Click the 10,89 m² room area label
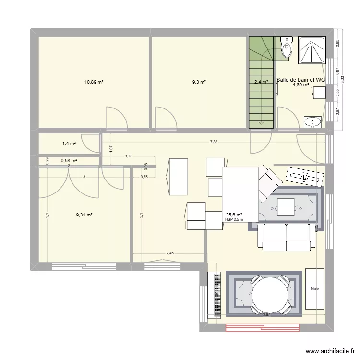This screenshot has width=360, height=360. (x=94, y=82)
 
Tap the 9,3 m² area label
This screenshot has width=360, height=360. (x=199, y=82)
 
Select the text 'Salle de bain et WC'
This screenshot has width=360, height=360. (x=301, y=80)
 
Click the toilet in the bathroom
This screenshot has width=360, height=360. (x=287, y=48)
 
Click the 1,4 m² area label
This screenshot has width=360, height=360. (x=69, y=143)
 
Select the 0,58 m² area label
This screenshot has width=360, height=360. (x=69, y=161)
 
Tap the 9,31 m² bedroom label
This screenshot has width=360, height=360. (x=84, y=215)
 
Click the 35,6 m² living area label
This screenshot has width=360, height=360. (x=234, y=215)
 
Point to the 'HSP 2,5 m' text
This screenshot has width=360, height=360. (x=234, y=220)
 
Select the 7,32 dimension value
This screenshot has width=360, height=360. (x=213, y=142)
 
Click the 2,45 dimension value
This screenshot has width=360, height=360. (x=170, y=253)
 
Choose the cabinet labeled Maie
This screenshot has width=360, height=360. (x=315, y=288)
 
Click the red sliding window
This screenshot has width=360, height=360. (x=263, y=328)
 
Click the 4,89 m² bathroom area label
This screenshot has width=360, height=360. (x=301, y=85)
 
